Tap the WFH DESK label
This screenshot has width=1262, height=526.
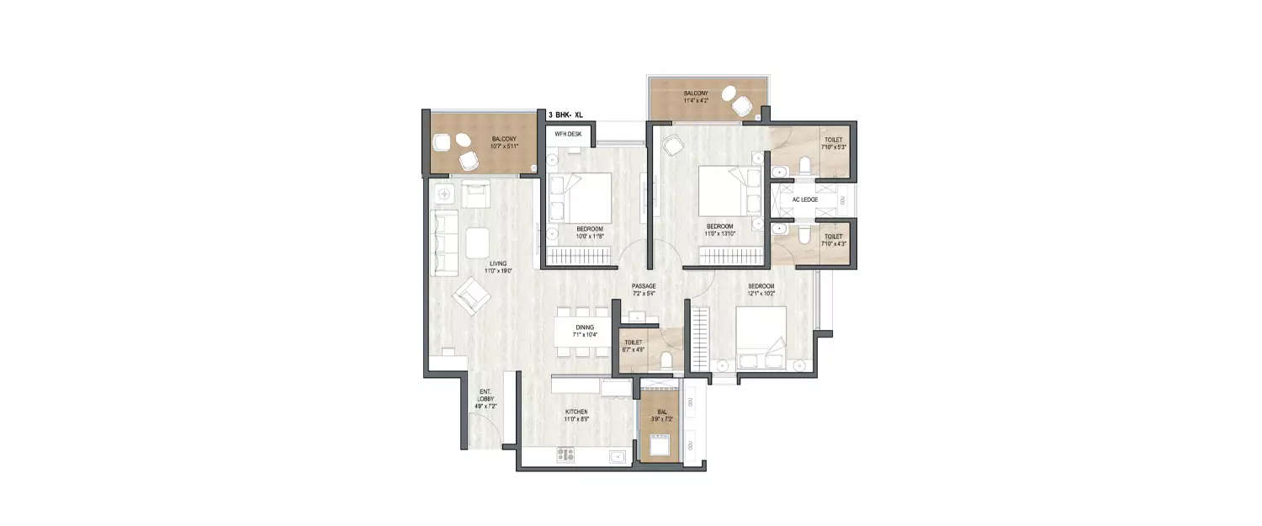568,134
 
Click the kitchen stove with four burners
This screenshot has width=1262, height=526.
565,455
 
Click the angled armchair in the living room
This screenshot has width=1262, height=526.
471,297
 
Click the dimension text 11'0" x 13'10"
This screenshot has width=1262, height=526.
720,234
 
